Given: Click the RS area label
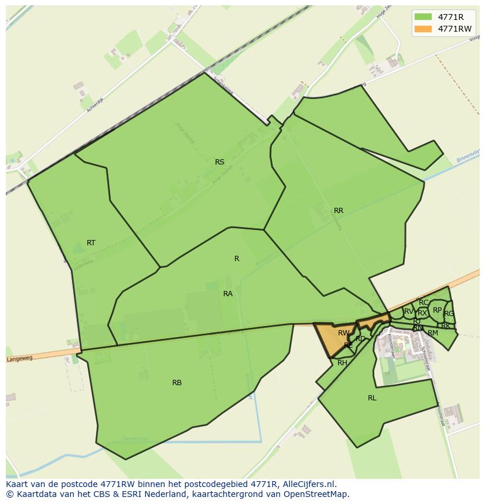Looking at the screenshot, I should [x=220, y=162].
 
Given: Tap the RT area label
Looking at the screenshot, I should [x=91, y=243].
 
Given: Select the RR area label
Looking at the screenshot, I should [x=339, y=211].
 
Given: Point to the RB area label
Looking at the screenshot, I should [x=177, y=383].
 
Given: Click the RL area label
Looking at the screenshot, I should [x=372, y=398].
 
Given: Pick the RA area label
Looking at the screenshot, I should [x=228, y=294].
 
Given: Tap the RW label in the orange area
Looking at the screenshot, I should [x=343, y=333].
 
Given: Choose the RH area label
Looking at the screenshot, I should [x=343, y=363].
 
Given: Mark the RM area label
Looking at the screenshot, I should [x=433, y=333].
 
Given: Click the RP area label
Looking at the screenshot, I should [x=437, y=310].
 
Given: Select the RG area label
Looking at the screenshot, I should [x=449, y=314].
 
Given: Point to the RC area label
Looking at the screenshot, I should [x=423, y=303].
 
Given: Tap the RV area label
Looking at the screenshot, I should [x=408, y=311].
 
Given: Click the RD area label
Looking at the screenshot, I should [x=360, y=339].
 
